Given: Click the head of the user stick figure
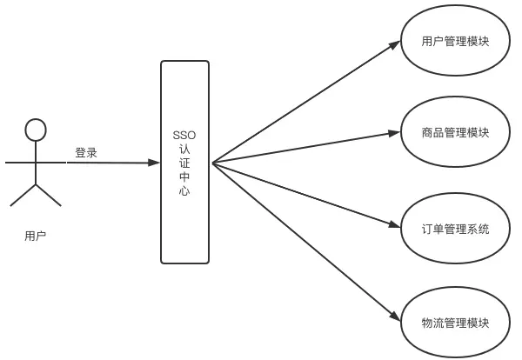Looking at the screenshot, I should click(35, 130).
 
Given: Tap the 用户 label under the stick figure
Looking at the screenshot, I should click(35, 235).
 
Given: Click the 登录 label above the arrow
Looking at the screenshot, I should click(86, 152).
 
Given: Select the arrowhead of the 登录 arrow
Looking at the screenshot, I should click(156, 163).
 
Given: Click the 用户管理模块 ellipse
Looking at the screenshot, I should click(454, 40).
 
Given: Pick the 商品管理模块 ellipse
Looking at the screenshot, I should click(454, 133).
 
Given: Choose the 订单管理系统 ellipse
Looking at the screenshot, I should click(454, 230).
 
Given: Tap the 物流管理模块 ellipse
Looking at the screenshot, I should click(454, 323).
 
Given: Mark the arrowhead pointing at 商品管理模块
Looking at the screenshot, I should click(394, 134).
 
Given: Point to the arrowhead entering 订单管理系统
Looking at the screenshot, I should click(394, 228).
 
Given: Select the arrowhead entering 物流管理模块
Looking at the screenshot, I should click(394, 318).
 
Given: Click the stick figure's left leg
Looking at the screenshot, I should click(23, 195).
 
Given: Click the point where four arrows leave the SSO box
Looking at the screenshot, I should click(212, 163).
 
